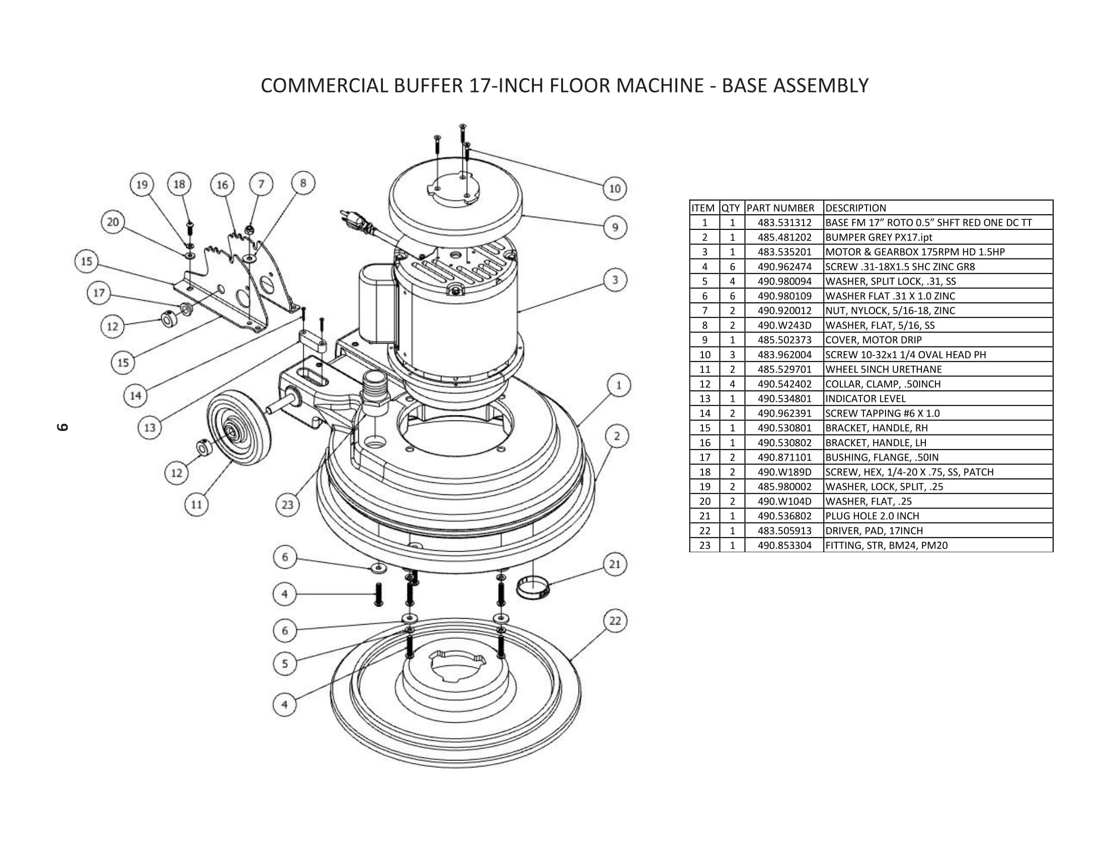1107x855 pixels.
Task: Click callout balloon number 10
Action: tap(615, 189)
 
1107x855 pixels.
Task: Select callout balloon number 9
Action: tap(615, 227)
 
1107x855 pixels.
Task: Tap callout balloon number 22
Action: tap(615, 622)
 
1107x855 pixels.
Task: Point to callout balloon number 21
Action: tap(615, 564)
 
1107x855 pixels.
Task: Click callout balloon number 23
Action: tap(287, 505)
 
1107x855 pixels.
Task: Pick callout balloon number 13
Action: tap(150, 428)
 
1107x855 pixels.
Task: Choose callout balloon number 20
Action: tap(113, 222)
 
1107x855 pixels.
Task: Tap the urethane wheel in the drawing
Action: tap(238, 431)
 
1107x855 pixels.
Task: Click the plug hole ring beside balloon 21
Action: tap(533, 589)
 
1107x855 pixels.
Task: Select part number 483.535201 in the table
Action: tap(784, 252)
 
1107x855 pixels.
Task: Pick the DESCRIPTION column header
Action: tap(855, 208)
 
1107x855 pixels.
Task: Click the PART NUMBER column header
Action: tap(780, 208)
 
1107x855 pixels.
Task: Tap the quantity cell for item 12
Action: tap(732, 384)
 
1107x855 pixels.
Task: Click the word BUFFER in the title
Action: tap(428, 85)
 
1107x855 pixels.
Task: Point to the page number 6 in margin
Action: tap(62, 427)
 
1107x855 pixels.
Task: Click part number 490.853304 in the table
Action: tap(784, 546)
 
